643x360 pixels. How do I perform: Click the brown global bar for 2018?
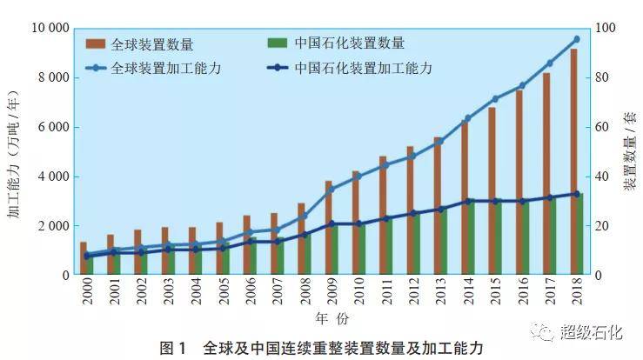[573, 162]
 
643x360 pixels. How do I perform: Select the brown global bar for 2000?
[84, 258]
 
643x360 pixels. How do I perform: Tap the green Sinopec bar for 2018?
[579, 234]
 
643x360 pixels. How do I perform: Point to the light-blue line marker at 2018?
[576, 39]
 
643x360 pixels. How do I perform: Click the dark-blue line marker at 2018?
[576, 194]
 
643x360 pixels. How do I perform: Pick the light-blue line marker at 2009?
[331, 189]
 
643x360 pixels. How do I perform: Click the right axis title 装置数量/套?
[629, 153]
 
